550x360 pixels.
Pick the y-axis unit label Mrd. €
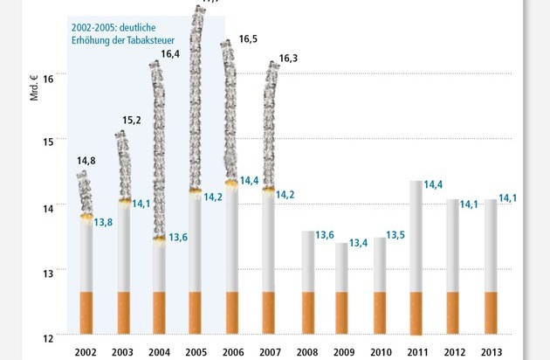[x=35, y=88]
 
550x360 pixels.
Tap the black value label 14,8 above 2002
[x=86, y=161]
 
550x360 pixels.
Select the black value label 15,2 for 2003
[x=122, y=121]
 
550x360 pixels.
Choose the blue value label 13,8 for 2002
[x=103, y=223]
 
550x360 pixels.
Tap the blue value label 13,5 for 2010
[x=395, y=235]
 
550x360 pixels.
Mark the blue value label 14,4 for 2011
[x=434, y=184]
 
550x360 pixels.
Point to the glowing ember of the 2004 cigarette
[x=159, y=238]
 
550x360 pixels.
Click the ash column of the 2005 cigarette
[x=196, y=96]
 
